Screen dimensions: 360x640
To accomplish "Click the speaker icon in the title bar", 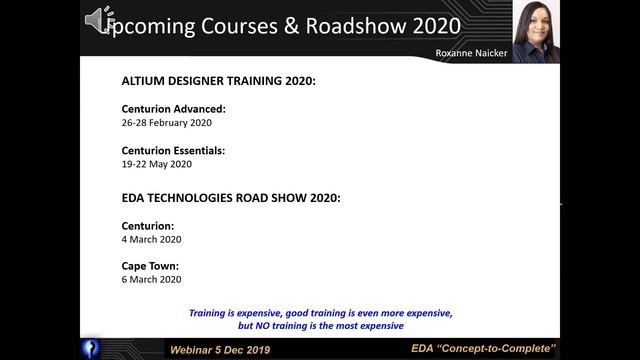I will (98, 20).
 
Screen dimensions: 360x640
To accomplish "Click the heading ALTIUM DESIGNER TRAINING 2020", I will (218, 80).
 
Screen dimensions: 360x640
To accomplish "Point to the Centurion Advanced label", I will (173, 109).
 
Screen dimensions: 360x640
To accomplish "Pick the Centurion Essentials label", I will (172, 150).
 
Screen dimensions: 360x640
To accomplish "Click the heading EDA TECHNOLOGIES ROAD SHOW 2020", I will (230, 198).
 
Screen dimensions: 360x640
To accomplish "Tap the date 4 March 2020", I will (151, 239).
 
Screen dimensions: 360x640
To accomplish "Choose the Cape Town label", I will (150, 267).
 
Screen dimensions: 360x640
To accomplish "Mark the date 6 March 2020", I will (151, 281).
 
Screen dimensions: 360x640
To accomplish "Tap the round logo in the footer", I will (91, 347).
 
